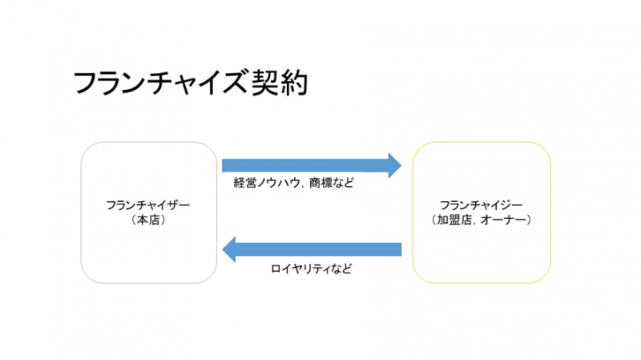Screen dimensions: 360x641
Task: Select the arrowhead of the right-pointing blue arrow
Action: pyautogui.click(x=393, y=165)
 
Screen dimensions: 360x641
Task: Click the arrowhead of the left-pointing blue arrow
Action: pyautogui.click(x=229, y=249)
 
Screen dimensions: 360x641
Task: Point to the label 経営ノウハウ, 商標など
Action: pyautogui.click(x=293, y=183)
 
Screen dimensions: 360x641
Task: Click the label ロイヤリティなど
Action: pyautogui.click(x=311, y=269)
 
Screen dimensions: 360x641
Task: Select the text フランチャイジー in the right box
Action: pyautogui.click(x=482, y=205)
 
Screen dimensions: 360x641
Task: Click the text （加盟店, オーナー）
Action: pyautogui.click(x=482, y=219)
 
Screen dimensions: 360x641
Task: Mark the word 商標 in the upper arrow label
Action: pyautogui.click(x=320, y=183)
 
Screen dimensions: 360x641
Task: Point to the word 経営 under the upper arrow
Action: pyautogui.click(x=244, y=183)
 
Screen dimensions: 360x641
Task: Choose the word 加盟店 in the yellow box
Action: pyautogui.click(x=456, y=219)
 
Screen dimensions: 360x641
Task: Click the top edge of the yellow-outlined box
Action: pyautogui.click(x=482, y=143)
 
